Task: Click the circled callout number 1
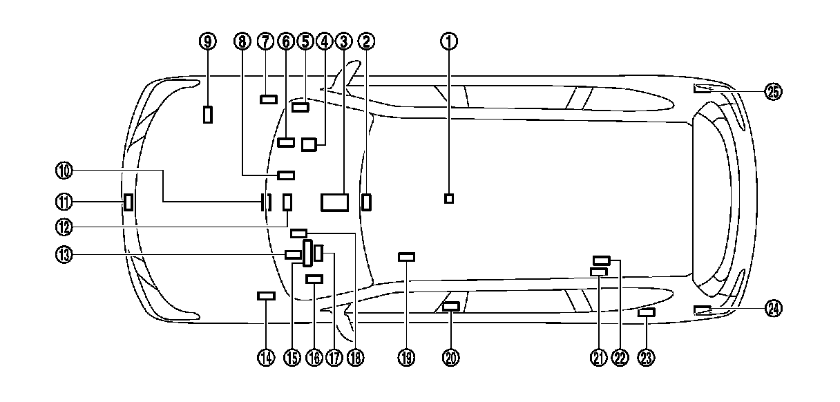tap(450, 41)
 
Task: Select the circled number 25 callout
tap(773, 91)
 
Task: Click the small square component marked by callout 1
tap(449, 199)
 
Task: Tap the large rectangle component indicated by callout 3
tap(335, 202)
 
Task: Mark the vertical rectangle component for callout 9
tap(208, 114)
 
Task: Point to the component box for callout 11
tap(128, 202)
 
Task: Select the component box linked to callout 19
tap(407, 257)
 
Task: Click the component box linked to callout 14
tap(266, 296)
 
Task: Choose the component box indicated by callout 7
tap(269, 99)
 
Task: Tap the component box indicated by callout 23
tap(646, 313)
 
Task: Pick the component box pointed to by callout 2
tap(367, 202)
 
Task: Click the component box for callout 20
tap(450, 306)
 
